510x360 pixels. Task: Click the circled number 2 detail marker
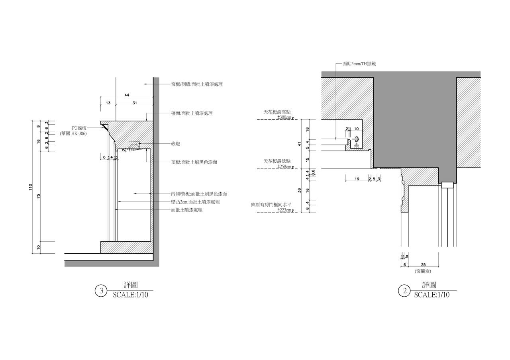pyautogui.click(x=405, y=291)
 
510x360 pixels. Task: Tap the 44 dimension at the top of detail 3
pyautogui.click(x=127, y=95)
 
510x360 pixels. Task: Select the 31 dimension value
pyautogui.click(x=135, y=103)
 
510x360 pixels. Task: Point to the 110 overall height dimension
pyautogui.click(x=31, y=187)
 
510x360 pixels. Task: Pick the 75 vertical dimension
pyautogui.click(x=39, y=196)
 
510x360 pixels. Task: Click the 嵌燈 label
pyautogui.click(x=176, y=144)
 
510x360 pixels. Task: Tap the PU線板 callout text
pyautogui.click(x=79, y=128)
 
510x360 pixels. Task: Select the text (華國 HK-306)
pyautogui.click(x=73, y=134)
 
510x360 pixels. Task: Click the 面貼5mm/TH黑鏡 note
pyautogui.click(x=359, y=64)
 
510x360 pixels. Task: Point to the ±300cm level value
pyautogui.click(x=284, y=117)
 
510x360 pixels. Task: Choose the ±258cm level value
pyautogui.click(x=284, y=166)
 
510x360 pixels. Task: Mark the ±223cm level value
pyautogui.click(x=284, y=209)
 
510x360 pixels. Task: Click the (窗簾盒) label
pyautogui.click(x=423, y=271)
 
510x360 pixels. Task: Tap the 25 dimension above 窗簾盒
pyautogui.click(x=423, y=265)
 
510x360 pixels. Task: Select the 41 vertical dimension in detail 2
pyautogui.click(x=299, y=144)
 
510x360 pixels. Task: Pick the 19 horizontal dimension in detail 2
pyautogui.click(x=357, y=179)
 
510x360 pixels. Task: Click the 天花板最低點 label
pyautogui.click(x=277, y=161)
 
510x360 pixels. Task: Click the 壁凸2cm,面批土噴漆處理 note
pyautogui.click(x=195, y=202)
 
